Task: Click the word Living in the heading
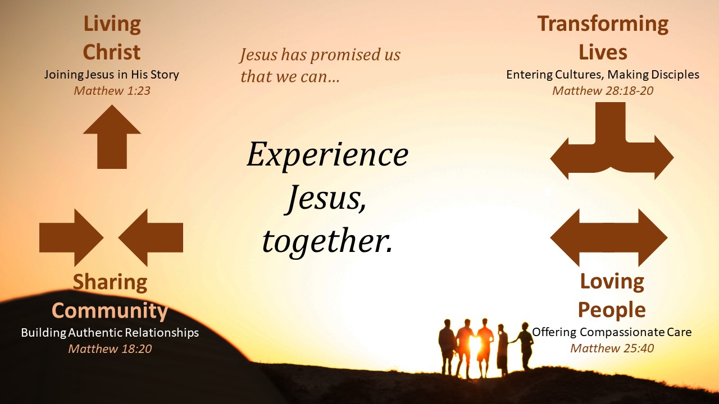coord(112,25)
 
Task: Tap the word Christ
coord(112,52)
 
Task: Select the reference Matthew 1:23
coord(112,91)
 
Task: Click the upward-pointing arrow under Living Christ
coord(112,136)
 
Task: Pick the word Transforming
coord(603,25)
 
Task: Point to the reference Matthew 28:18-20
coord(603,91)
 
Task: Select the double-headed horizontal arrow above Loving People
coord(609,237)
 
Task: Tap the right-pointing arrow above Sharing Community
coord(71,237)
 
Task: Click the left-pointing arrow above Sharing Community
coord(151,237)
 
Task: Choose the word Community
coord(110,311)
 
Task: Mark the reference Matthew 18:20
coord(110,349)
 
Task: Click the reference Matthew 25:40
coord(612,348)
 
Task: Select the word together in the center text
coord(327,241)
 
